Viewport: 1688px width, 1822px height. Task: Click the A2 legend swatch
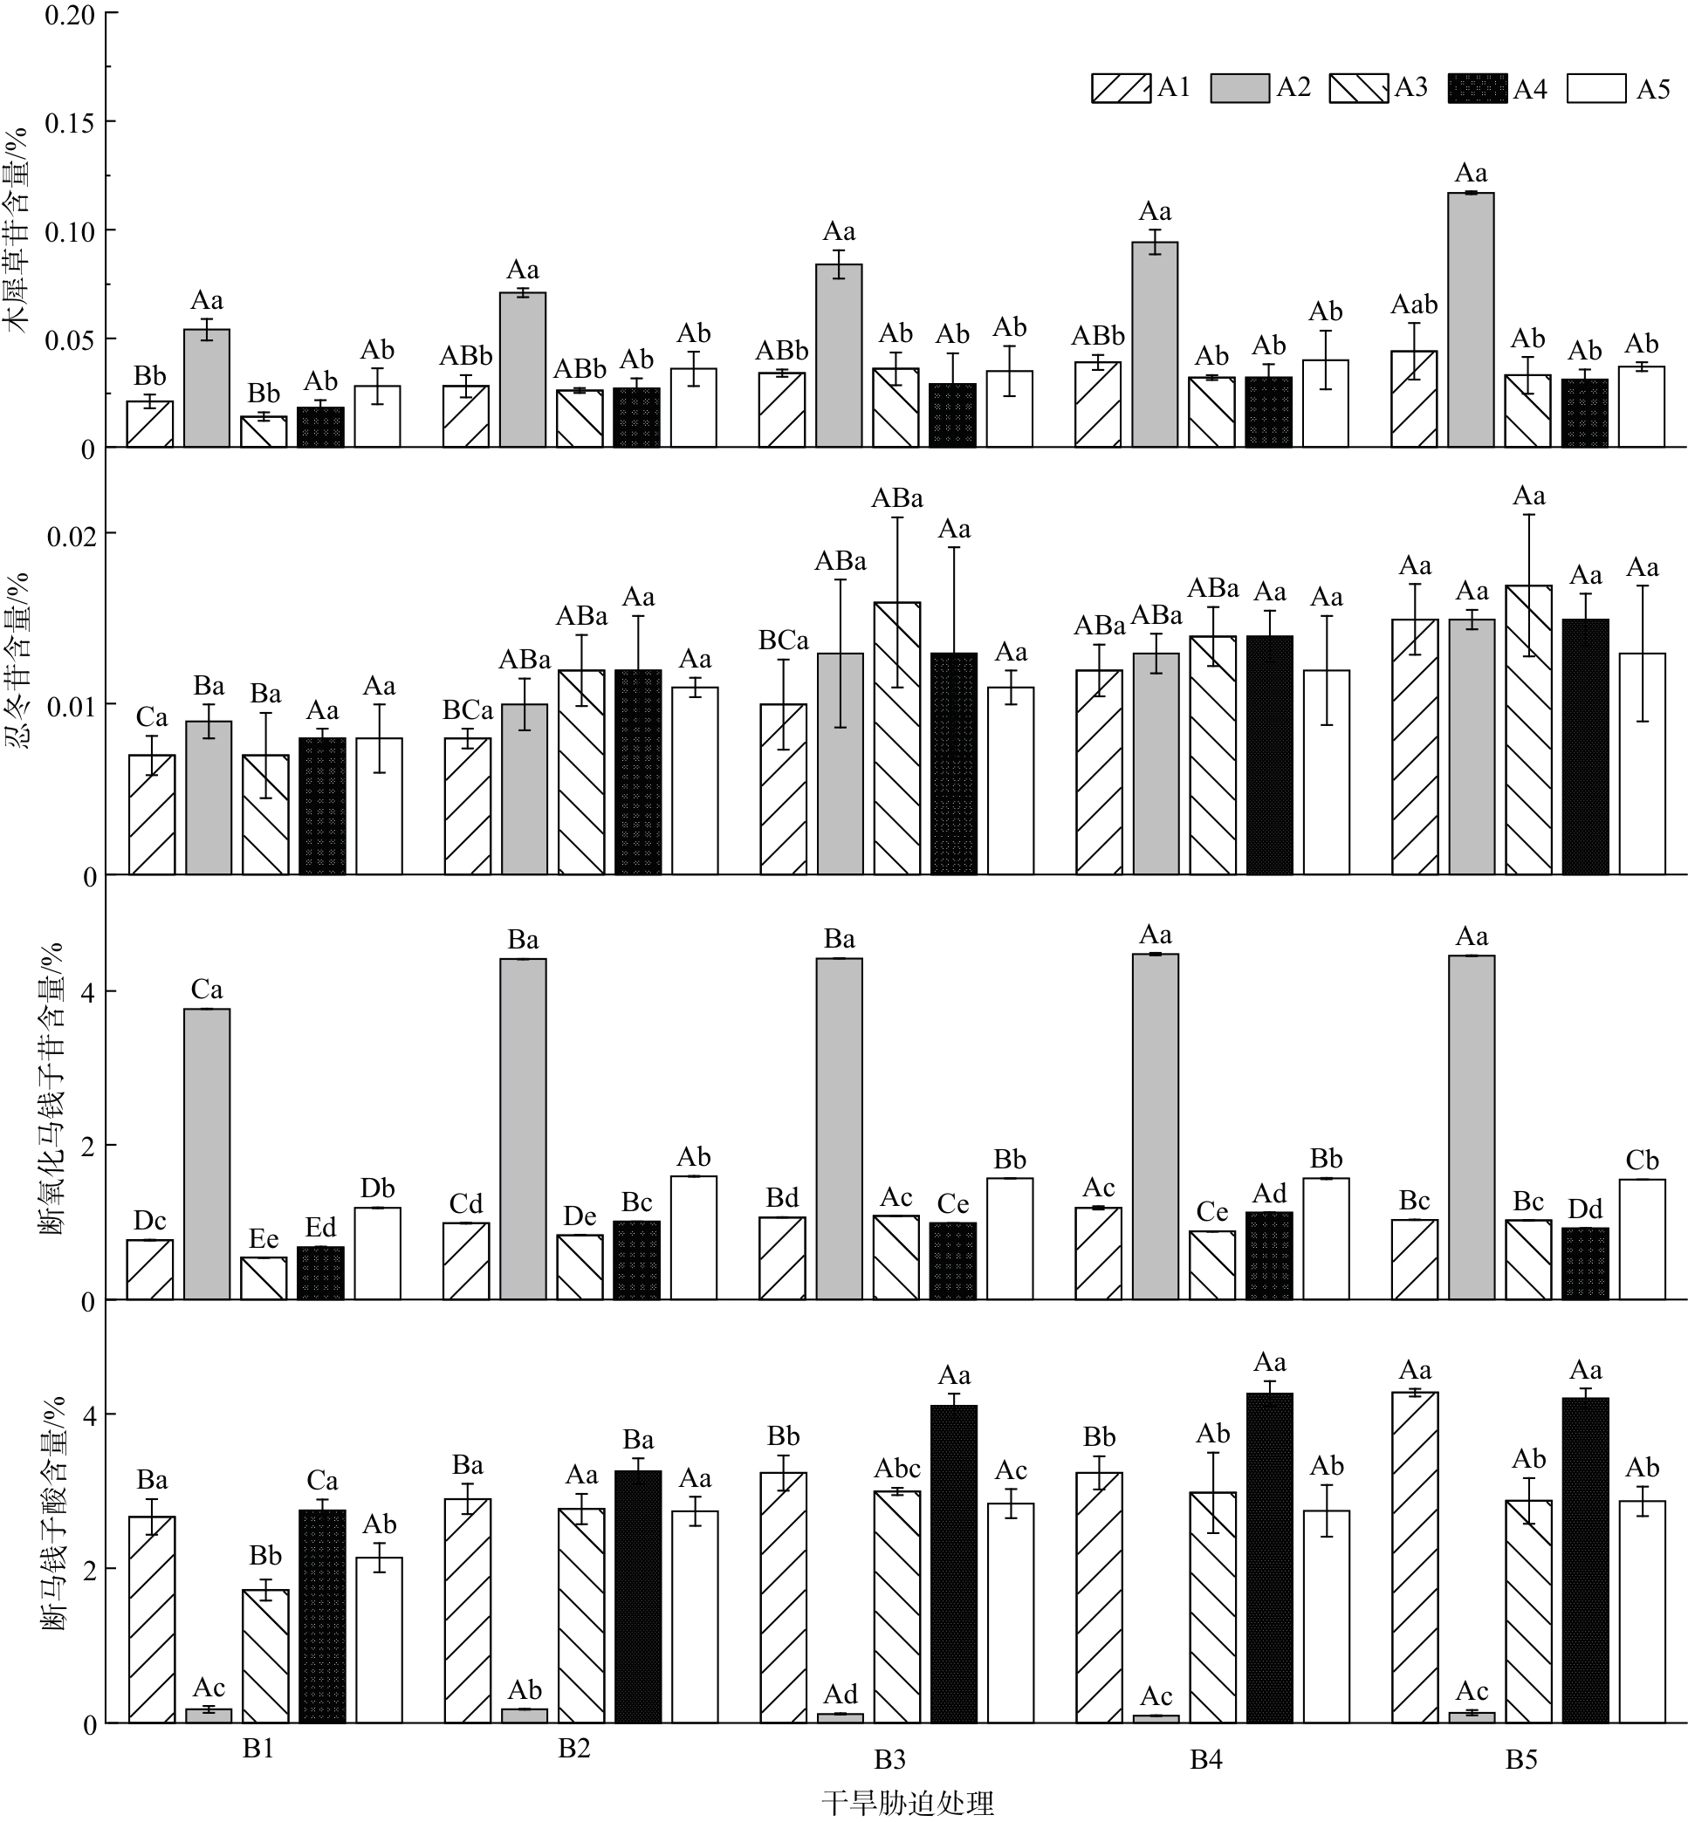pyautogui.click(x=1239, y=89)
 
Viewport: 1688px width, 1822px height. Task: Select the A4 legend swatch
pyautogui.click(x=1476, y=90)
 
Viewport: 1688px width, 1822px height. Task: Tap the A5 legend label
pyautogui.click(x=1653, y=90)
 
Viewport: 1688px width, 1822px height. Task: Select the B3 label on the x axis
pyautogui.click(x=889, y=1759)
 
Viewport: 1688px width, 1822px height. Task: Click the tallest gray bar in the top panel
pyautogui.click(x=1472, y=319)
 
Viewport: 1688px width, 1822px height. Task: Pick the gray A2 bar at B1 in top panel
pyautogui.click(x=207, y=388)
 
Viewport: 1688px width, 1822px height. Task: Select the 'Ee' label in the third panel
pyautogui.click(x=264, y=1239)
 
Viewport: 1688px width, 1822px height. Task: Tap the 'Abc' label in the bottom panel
pyautogui.click(x=897, y=1469)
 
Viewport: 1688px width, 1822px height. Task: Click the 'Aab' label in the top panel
pyautogui.click(x=1414, y=305)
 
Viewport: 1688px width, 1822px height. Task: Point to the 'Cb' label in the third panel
pyautogui.click(x=1642, y=1161)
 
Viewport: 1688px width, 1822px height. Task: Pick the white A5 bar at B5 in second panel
pyautogui.click(x=1643, y=764)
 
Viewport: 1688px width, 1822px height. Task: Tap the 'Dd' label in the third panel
pyautogui.click(x=1585, y=1209)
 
